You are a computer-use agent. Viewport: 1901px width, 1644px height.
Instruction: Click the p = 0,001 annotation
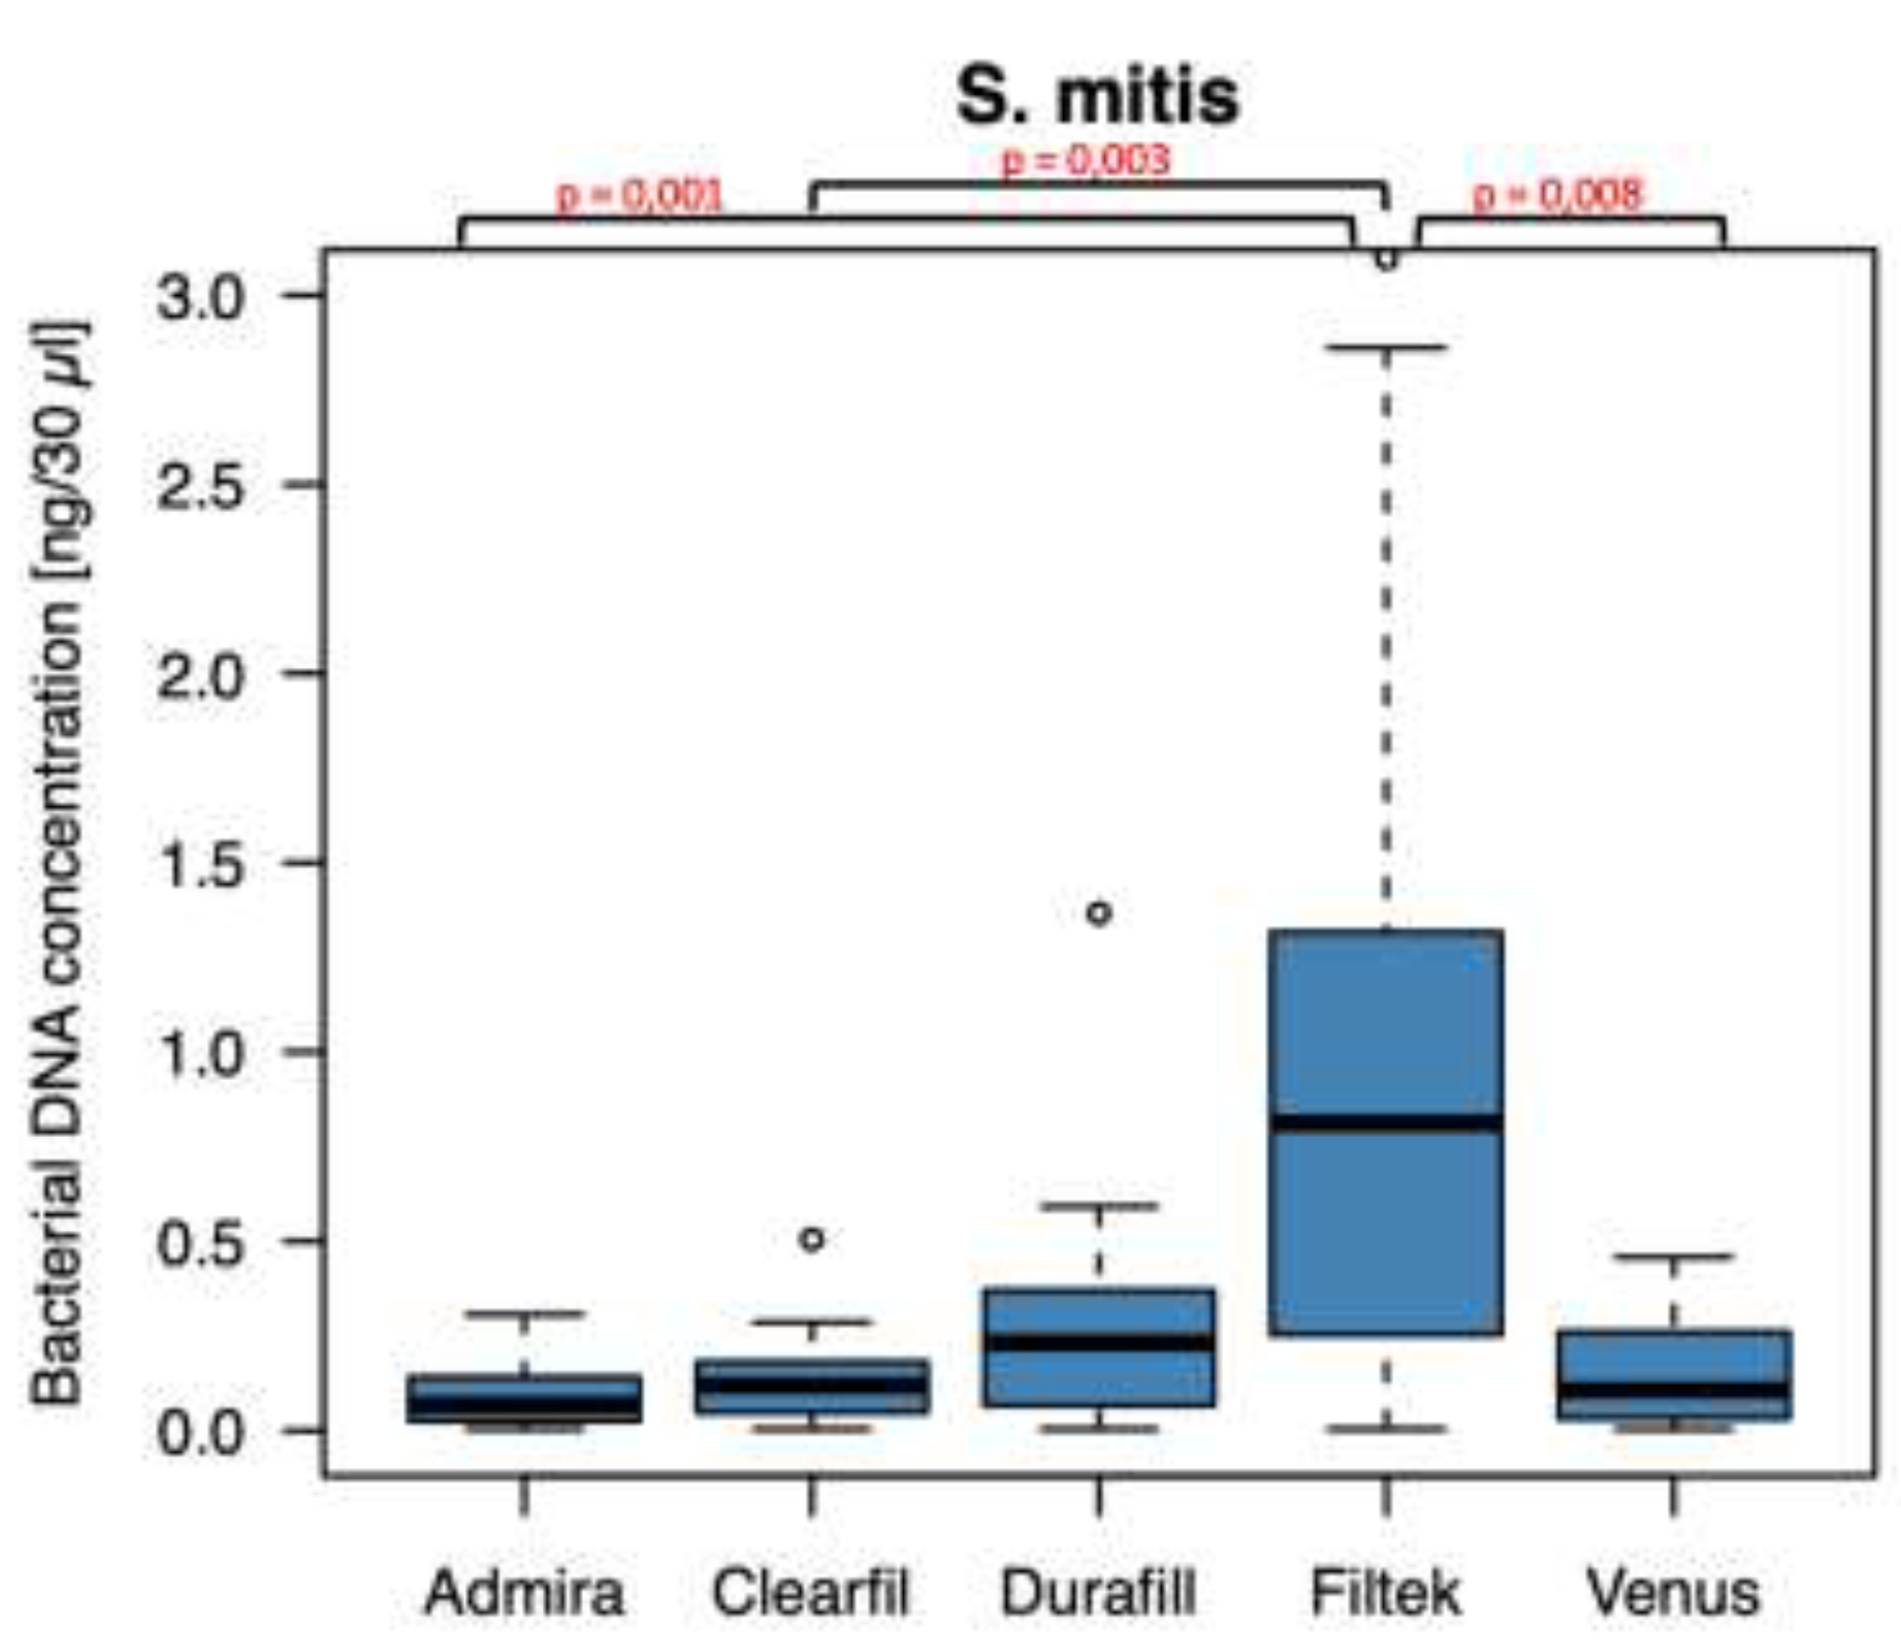coord(640,195)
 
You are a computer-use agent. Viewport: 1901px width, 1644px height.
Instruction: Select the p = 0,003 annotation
coord(1085,161)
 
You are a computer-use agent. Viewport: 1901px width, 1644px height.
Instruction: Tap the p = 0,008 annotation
coord(1557,195)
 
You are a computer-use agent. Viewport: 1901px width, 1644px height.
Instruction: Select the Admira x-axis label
coord(524,1594)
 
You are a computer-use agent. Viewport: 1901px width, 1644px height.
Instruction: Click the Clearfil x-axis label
coord(811,1594)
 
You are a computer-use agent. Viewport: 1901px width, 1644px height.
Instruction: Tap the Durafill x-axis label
coord(1099,1594)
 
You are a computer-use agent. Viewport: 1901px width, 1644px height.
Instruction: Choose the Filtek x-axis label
coord(1386,1594)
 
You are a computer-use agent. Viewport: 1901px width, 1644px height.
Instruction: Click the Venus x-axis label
coord(1673,1594)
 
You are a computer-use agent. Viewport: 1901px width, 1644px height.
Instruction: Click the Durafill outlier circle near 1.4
coord(1099,913)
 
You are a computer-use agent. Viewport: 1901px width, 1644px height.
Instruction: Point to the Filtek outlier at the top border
coord(1386,260)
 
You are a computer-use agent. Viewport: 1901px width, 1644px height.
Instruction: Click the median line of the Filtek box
coord(1386,1123)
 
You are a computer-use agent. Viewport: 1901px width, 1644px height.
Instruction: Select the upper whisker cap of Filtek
coord(1386,348)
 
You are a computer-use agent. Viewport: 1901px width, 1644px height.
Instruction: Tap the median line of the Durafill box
coord(1099,1342)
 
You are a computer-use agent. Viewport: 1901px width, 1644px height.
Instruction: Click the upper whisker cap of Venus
coord(1673,1256)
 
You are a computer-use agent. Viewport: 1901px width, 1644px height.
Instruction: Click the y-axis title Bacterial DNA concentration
coord(59,862)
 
